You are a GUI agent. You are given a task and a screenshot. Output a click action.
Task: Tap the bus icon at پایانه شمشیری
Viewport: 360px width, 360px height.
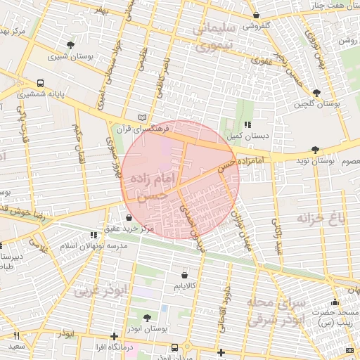pyautogui.click(x=41, y=82)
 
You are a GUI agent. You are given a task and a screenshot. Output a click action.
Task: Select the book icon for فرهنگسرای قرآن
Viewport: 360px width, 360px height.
pyautogui.click(x=143, y=117)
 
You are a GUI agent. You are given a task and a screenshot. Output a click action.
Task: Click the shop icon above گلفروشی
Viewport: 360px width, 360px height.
pyautogui.click(x=256, y=15)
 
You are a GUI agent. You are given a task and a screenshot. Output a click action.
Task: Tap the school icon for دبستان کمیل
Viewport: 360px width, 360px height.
pyautogui.click(x=247, y=124)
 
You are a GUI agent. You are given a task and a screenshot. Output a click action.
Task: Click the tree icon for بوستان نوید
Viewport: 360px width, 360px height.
pyautogui.click(x=314, y=150)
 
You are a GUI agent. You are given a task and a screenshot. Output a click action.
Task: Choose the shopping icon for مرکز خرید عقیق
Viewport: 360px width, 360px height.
pyautogui.click(x=128, y=218)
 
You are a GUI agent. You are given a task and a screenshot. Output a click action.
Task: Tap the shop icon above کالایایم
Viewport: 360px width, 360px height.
pyautogui.click(x=184, y=275)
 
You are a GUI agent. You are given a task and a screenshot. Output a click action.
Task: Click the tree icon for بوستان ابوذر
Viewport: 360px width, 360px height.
pyautogui.click(x=146, y=318)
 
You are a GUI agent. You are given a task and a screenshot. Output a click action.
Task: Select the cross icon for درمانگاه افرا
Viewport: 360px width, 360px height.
pyautogui.click(x=115, y=337)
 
